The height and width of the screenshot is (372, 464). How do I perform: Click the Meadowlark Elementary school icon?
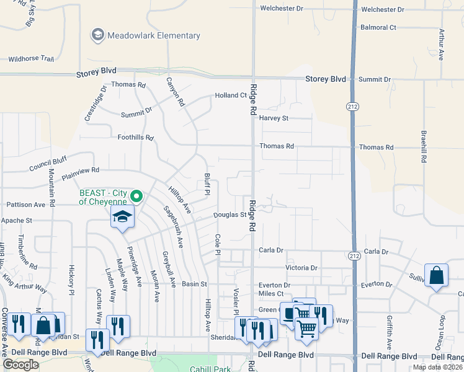tap(97, 35)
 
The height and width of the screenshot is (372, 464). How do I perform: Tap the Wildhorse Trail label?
tap(31, 60)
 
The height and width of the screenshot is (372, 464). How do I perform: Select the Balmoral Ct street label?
tap(378, 27)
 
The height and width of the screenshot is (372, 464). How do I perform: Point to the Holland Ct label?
tap(231, 95)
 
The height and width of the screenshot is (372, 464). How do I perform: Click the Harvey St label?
tap(274, 118)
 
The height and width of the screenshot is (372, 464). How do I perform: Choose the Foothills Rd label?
tap(135, 138)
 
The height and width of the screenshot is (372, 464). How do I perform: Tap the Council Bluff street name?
tap(48, 164)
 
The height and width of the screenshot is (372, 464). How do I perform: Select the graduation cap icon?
tap(123, 218)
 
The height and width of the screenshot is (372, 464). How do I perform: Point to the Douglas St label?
tap(230, 215)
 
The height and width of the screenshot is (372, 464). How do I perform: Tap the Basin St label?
tap(194, 284)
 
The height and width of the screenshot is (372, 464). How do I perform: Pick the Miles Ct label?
tap(271, 293)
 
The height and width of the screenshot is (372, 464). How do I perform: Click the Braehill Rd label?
tap(424, 146)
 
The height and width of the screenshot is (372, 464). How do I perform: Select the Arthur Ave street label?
tap(441, 44)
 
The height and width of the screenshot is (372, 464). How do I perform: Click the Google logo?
tap(20, 365)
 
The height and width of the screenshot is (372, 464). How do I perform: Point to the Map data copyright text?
tap(437, 367)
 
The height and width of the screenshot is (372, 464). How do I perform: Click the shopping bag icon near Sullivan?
tap(437, 276)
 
